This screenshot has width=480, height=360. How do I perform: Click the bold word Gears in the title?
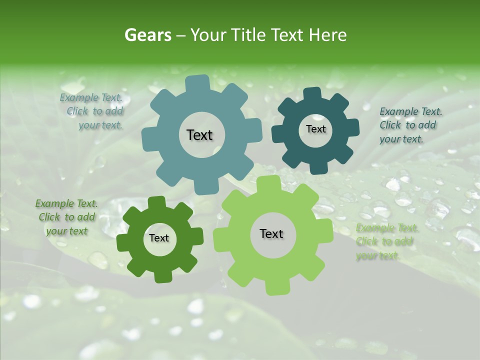(x=147, y=35)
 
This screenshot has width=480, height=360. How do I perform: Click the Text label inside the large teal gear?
(x=199, y=135)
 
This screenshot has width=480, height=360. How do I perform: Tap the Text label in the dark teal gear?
(x=315, y=129)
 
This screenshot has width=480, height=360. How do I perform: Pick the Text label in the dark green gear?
(x=159, y=238)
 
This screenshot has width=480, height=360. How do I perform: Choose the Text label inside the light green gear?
(x=271, y=234)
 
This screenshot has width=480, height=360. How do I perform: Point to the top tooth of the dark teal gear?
(x=312, y=93)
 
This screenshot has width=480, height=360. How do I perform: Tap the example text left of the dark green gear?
(x=66, y=217)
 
